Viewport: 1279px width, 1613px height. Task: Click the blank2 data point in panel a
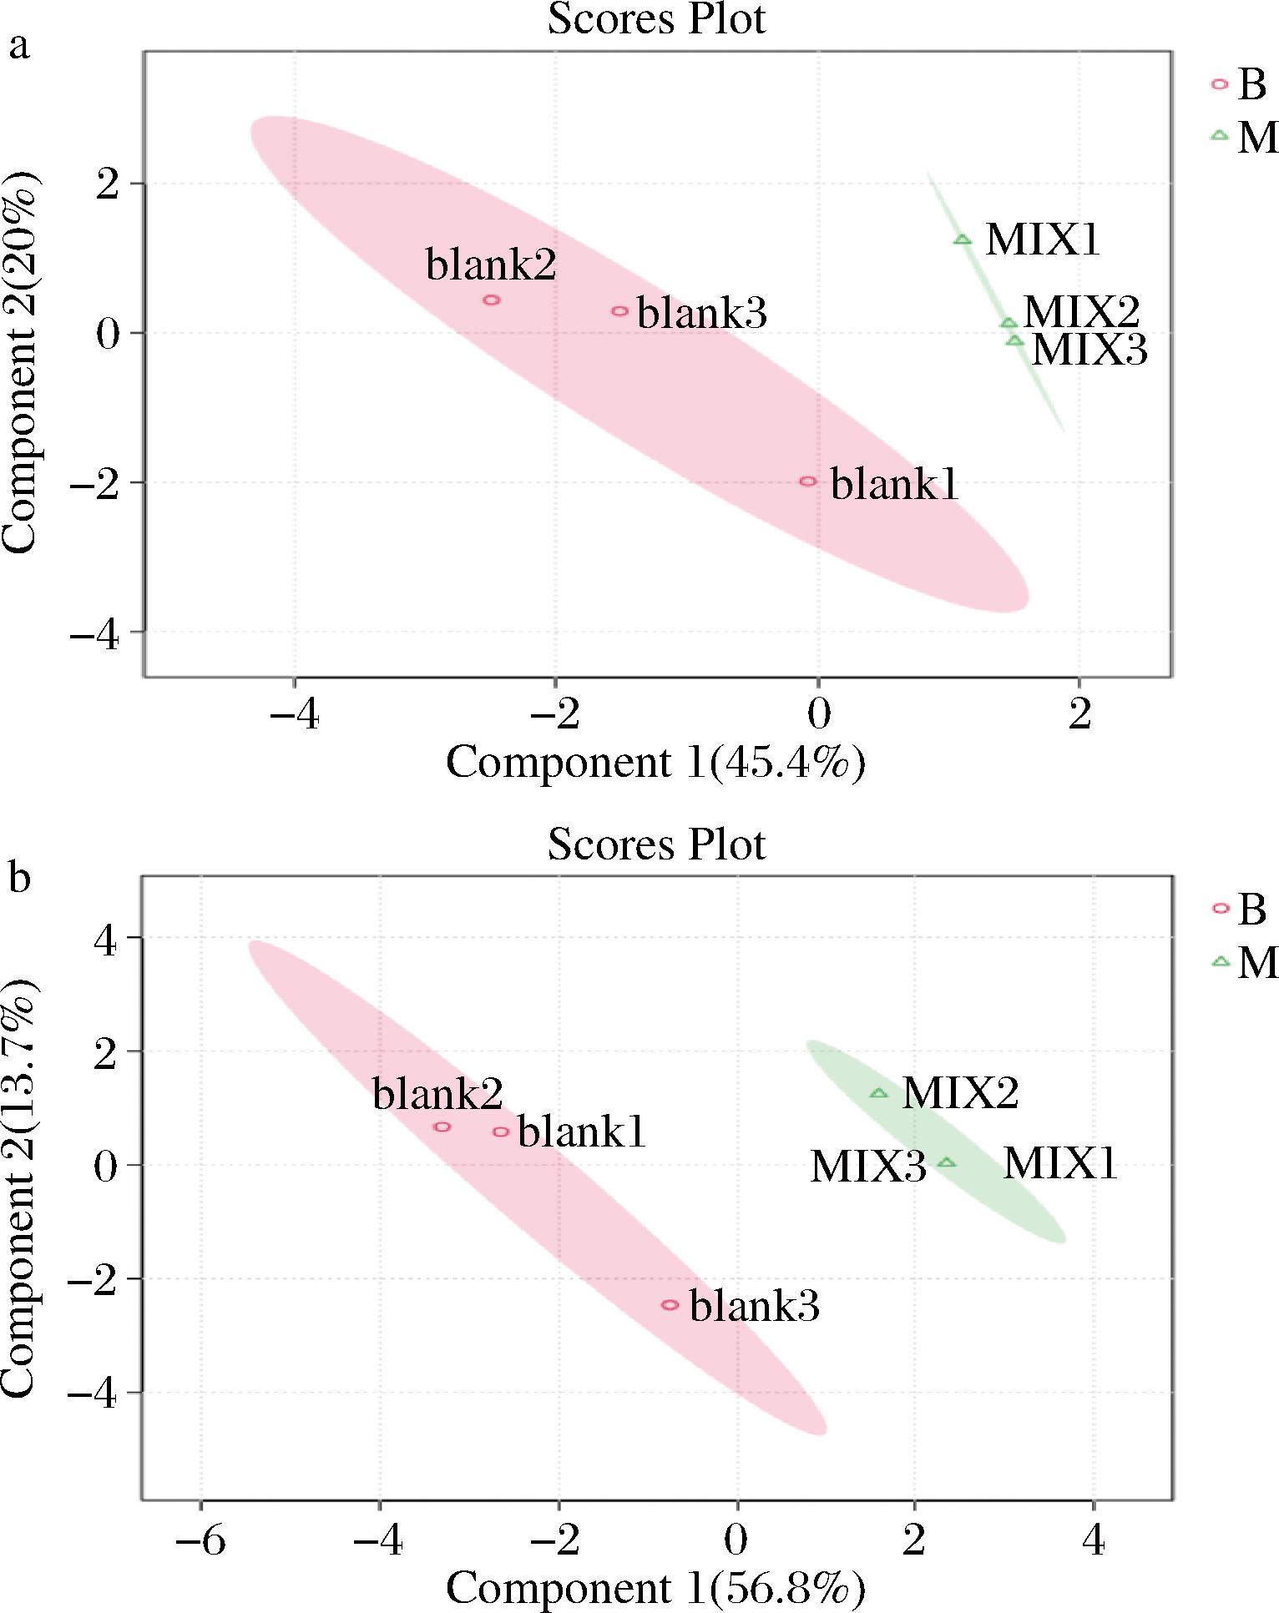[492, 300]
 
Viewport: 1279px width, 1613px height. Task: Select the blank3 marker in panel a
[619, 311]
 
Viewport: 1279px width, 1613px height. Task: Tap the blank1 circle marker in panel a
[807, 481]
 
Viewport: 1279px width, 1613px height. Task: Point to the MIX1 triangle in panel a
[963, 240]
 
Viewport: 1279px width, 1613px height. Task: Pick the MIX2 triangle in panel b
[878, 1093]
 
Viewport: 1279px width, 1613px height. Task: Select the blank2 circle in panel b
[442, 1127]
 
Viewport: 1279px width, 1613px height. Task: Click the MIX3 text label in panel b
[868, 1167]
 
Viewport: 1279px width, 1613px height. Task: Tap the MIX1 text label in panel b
[1059, 1163]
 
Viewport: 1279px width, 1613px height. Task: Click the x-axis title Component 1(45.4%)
[655, 761]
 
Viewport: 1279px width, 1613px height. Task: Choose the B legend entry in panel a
[1240, 84]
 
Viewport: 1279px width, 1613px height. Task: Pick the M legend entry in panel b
[1244, 962]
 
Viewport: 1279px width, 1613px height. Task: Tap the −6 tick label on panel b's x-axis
[200, 1540]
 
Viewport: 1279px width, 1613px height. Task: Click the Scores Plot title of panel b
[656, 844]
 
